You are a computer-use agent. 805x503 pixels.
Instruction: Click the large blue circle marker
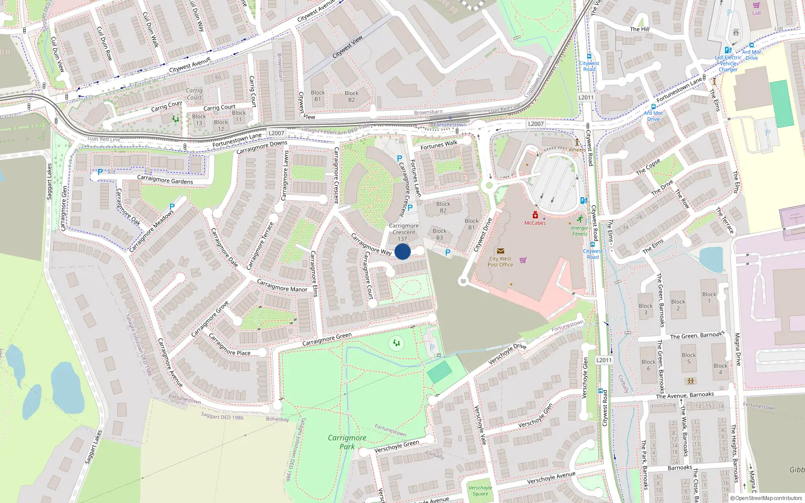(x=403, y=251)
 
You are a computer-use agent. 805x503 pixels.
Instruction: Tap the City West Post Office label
(x=500, y=262)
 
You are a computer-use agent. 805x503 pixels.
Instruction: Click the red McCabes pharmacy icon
(x=535, y=215)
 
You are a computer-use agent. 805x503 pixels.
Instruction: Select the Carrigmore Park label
(x=347, y=442)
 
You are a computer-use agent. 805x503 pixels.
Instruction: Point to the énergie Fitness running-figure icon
(x=580, y=219)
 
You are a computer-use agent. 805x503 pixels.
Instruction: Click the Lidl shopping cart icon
(x=756, y=5)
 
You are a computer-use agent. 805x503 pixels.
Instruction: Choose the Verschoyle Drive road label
(x=507, y=353)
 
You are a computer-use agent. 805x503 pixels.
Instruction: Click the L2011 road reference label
(x=586, y=98)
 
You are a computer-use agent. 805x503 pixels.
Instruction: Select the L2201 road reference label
(x=604, y=360)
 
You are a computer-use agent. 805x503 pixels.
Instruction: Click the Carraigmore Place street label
(x=229, y=345)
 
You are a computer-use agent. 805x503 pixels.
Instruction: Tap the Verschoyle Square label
(x=480, y=490)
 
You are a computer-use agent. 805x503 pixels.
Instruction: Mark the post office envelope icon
(x=500, y=250)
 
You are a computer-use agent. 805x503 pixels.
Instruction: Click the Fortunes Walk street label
(x=439, y=145)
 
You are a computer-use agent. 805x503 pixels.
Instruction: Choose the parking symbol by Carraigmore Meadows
(x=172, y=207)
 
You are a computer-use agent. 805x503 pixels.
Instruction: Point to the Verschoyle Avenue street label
(x=551, y=478)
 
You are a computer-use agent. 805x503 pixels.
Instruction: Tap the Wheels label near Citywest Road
(x=577, y=149)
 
